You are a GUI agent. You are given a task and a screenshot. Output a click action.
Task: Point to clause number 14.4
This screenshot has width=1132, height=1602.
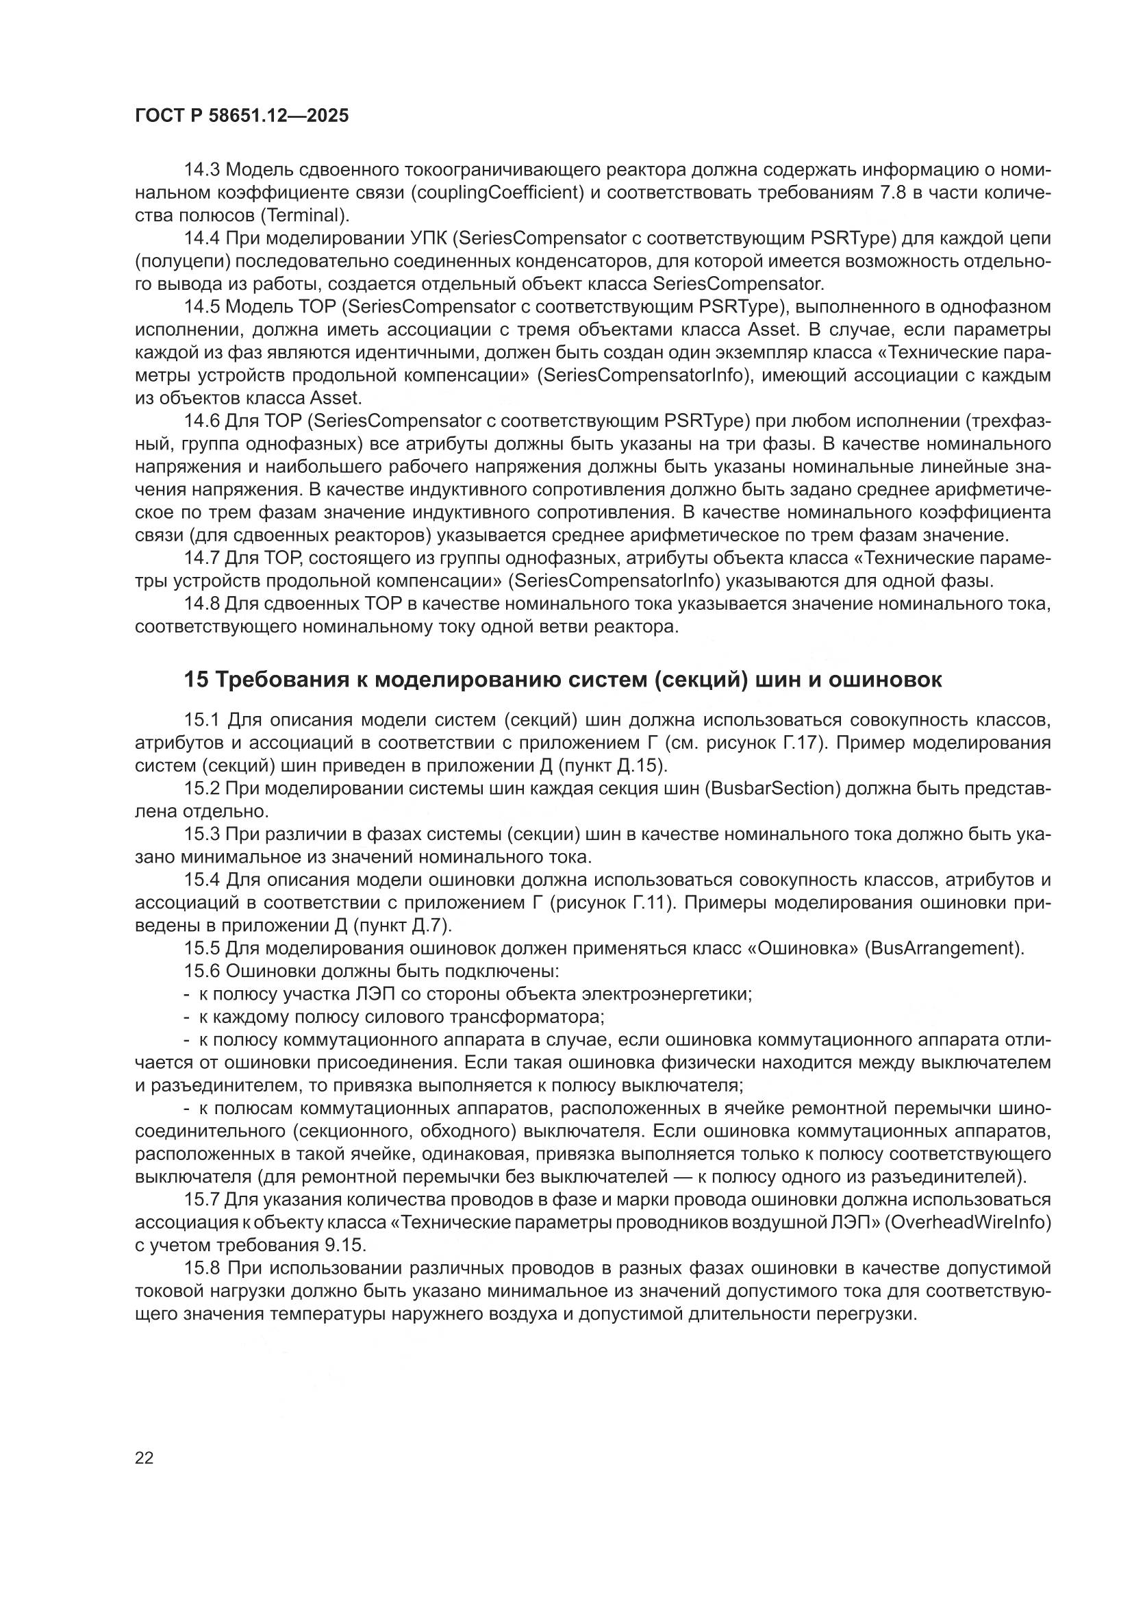point(202,238)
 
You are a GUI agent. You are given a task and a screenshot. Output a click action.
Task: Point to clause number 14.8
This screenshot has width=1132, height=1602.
point(202,604)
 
